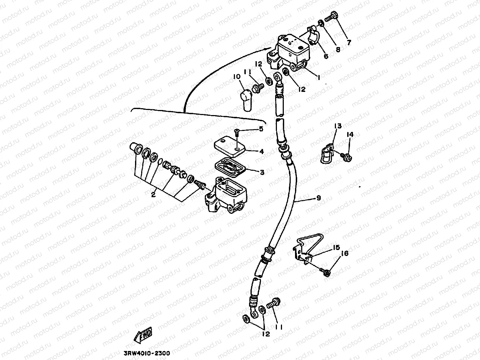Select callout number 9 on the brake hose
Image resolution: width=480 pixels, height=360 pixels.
pos(318,198)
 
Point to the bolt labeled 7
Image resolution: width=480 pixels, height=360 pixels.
pos(330,16)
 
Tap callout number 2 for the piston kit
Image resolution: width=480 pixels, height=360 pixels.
pos(153,195)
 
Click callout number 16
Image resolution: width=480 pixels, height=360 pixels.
pos(344,254)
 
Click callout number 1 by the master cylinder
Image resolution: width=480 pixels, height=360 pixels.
pos(319,77)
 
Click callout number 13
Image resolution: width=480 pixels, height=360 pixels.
pos(338,126)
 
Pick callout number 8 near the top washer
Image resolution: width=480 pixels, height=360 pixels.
pos(338,50)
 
